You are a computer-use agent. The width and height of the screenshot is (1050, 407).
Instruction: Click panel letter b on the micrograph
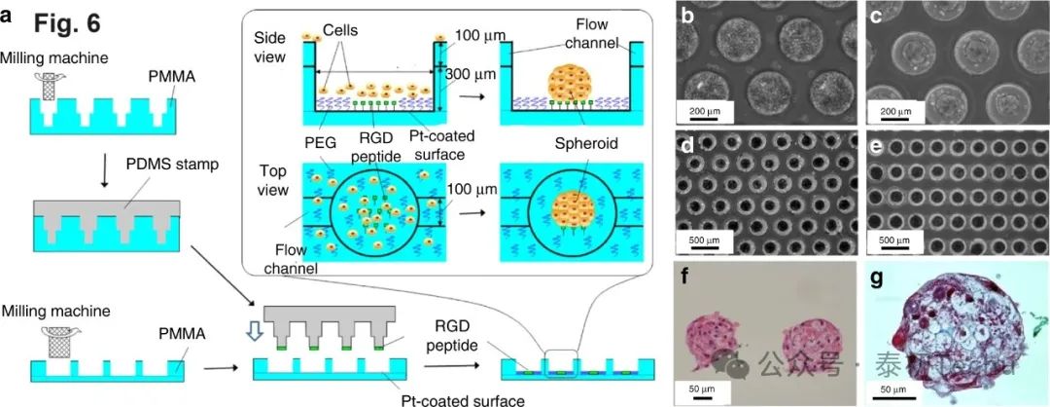pos(687,17)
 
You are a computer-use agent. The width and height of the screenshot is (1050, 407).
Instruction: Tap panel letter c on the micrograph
pos(877,17)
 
